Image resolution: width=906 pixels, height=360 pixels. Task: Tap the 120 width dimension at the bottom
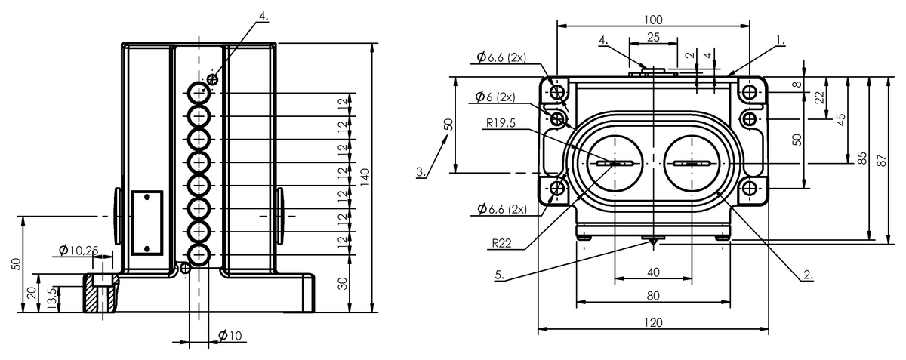[654, 322]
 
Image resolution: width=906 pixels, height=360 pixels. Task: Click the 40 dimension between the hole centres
[653, 272]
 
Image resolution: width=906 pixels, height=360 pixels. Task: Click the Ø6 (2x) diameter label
[495, 97]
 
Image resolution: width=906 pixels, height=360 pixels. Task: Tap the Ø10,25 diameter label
[79, 250]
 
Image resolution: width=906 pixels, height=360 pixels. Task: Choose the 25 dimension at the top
[653, 37]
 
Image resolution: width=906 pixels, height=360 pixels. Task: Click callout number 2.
[807, 275]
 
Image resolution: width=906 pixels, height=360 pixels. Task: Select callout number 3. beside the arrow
[421, 172]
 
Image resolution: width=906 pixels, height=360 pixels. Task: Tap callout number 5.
[499, 275]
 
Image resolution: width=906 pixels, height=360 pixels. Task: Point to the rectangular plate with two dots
[147, 222]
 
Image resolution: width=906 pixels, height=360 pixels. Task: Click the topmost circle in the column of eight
[199, 92]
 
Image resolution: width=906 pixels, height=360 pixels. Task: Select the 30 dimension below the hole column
[344, 282]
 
